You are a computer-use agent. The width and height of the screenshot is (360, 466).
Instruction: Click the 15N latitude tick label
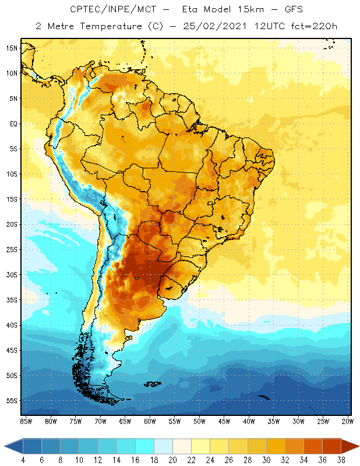click(x=12, y=48)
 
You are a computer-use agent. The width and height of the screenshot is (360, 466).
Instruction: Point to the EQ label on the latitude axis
click(x=13, y=123)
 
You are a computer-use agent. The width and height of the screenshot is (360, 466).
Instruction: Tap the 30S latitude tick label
click(x=12, y=274)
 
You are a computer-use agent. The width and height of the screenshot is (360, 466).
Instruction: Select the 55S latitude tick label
click(x=12, y=400)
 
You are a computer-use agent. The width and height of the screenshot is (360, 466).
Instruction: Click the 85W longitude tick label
click(x=26, y=421)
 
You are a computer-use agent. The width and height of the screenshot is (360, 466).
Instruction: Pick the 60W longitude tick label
click(x=150, y=421)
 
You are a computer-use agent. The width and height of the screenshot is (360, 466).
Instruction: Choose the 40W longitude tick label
click(x=249, y=421)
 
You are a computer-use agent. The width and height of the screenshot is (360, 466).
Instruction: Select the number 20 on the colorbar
click(x=172, y=460)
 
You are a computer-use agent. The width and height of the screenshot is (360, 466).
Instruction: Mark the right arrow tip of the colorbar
click(x=357, y=446)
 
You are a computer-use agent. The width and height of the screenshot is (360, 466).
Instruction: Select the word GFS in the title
click(x=291, y=10)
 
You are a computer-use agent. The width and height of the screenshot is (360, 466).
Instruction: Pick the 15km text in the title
click(x=245, y=10)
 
